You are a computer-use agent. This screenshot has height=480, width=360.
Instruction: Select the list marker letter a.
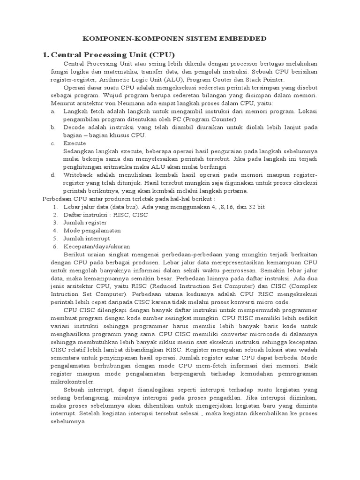tap(53, 111)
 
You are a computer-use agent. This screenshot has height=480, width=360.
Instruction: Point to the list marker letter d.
tap(53, 175)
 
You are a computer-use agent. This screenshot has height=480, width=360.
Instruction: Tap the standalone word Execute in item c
tap(75, 143)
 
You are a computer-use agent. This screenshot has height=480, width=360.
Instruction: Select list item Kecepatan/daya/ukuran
tap(97, 247)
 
